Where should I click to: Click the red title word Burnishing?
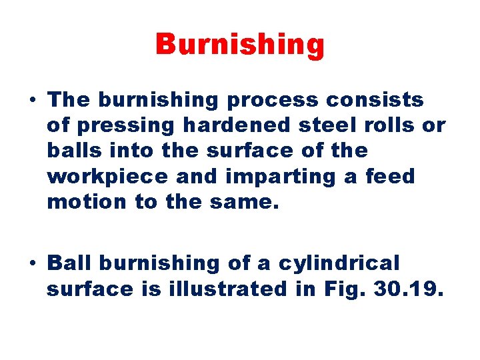tap(240, 45)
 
